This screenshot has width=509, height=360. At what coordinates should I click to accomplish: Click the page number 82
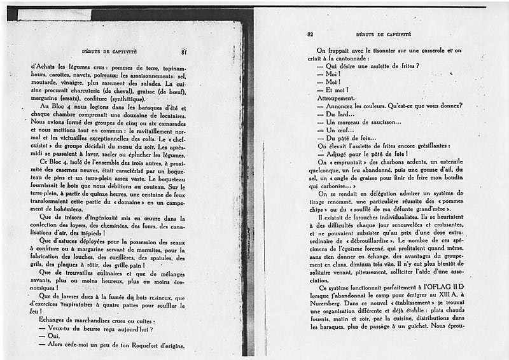click(310, 34)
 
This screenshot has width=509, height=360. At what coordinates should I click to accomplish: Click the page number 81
click(183, 51)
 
